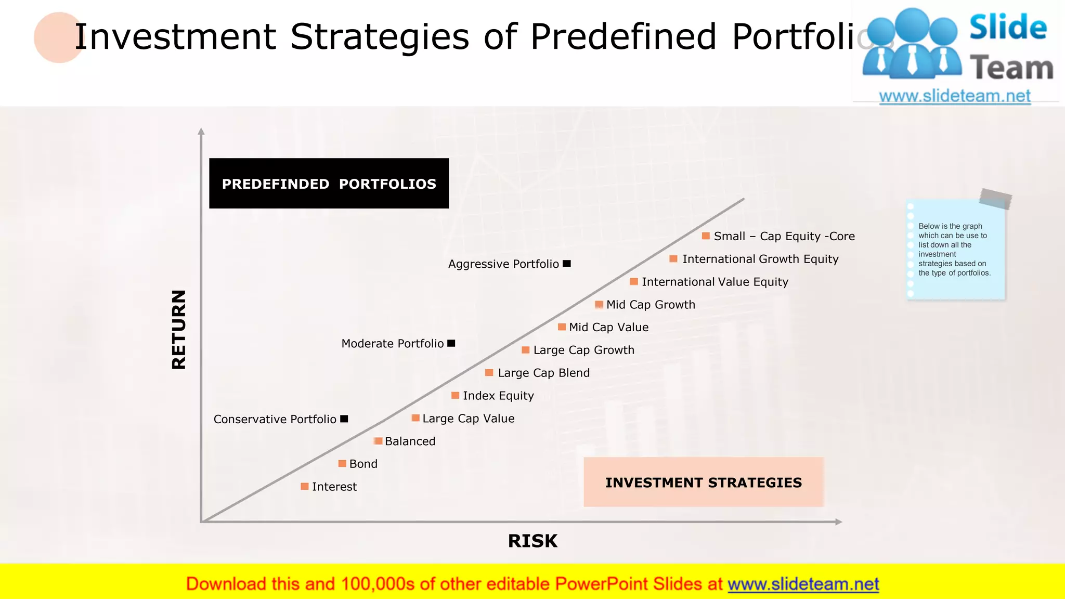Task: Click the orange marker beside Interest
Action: (x=305, y=486)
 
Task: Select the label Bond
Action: (x=363, y=464)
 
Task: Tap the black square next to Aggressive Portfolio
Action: (x=567, y=264)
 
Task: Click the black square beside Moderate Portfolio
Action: (x=451, y=343)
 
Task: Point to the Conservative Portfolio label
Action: (x=275, y=419)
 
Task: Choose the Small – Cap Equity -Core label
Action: (x=784, y=236)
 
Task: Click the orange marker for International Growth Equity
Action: (x=673, y=259)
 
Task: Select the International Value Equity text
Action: (x=715, y=282)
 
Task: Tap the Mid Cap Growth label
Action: (x=650, y=305)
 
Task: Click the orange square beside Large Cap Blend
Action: (x=489, y=373)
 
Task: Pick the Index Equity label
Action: (x=498, y=396)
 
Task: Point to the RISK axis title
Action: (x=532, y=541)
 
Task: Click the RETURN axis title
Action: (x=179, y=329)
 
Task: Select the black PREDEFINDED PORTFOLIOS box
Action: (x=329, y=184)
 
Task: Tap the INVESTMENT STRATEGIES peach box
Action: (x=703, y=482)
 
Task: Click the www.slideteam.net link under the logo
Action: (x=954, y=96)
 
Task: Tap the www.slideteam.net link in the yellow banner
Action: (x=803, y=584)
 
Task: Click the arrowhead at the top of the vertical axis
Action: (x=201, y=131)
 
